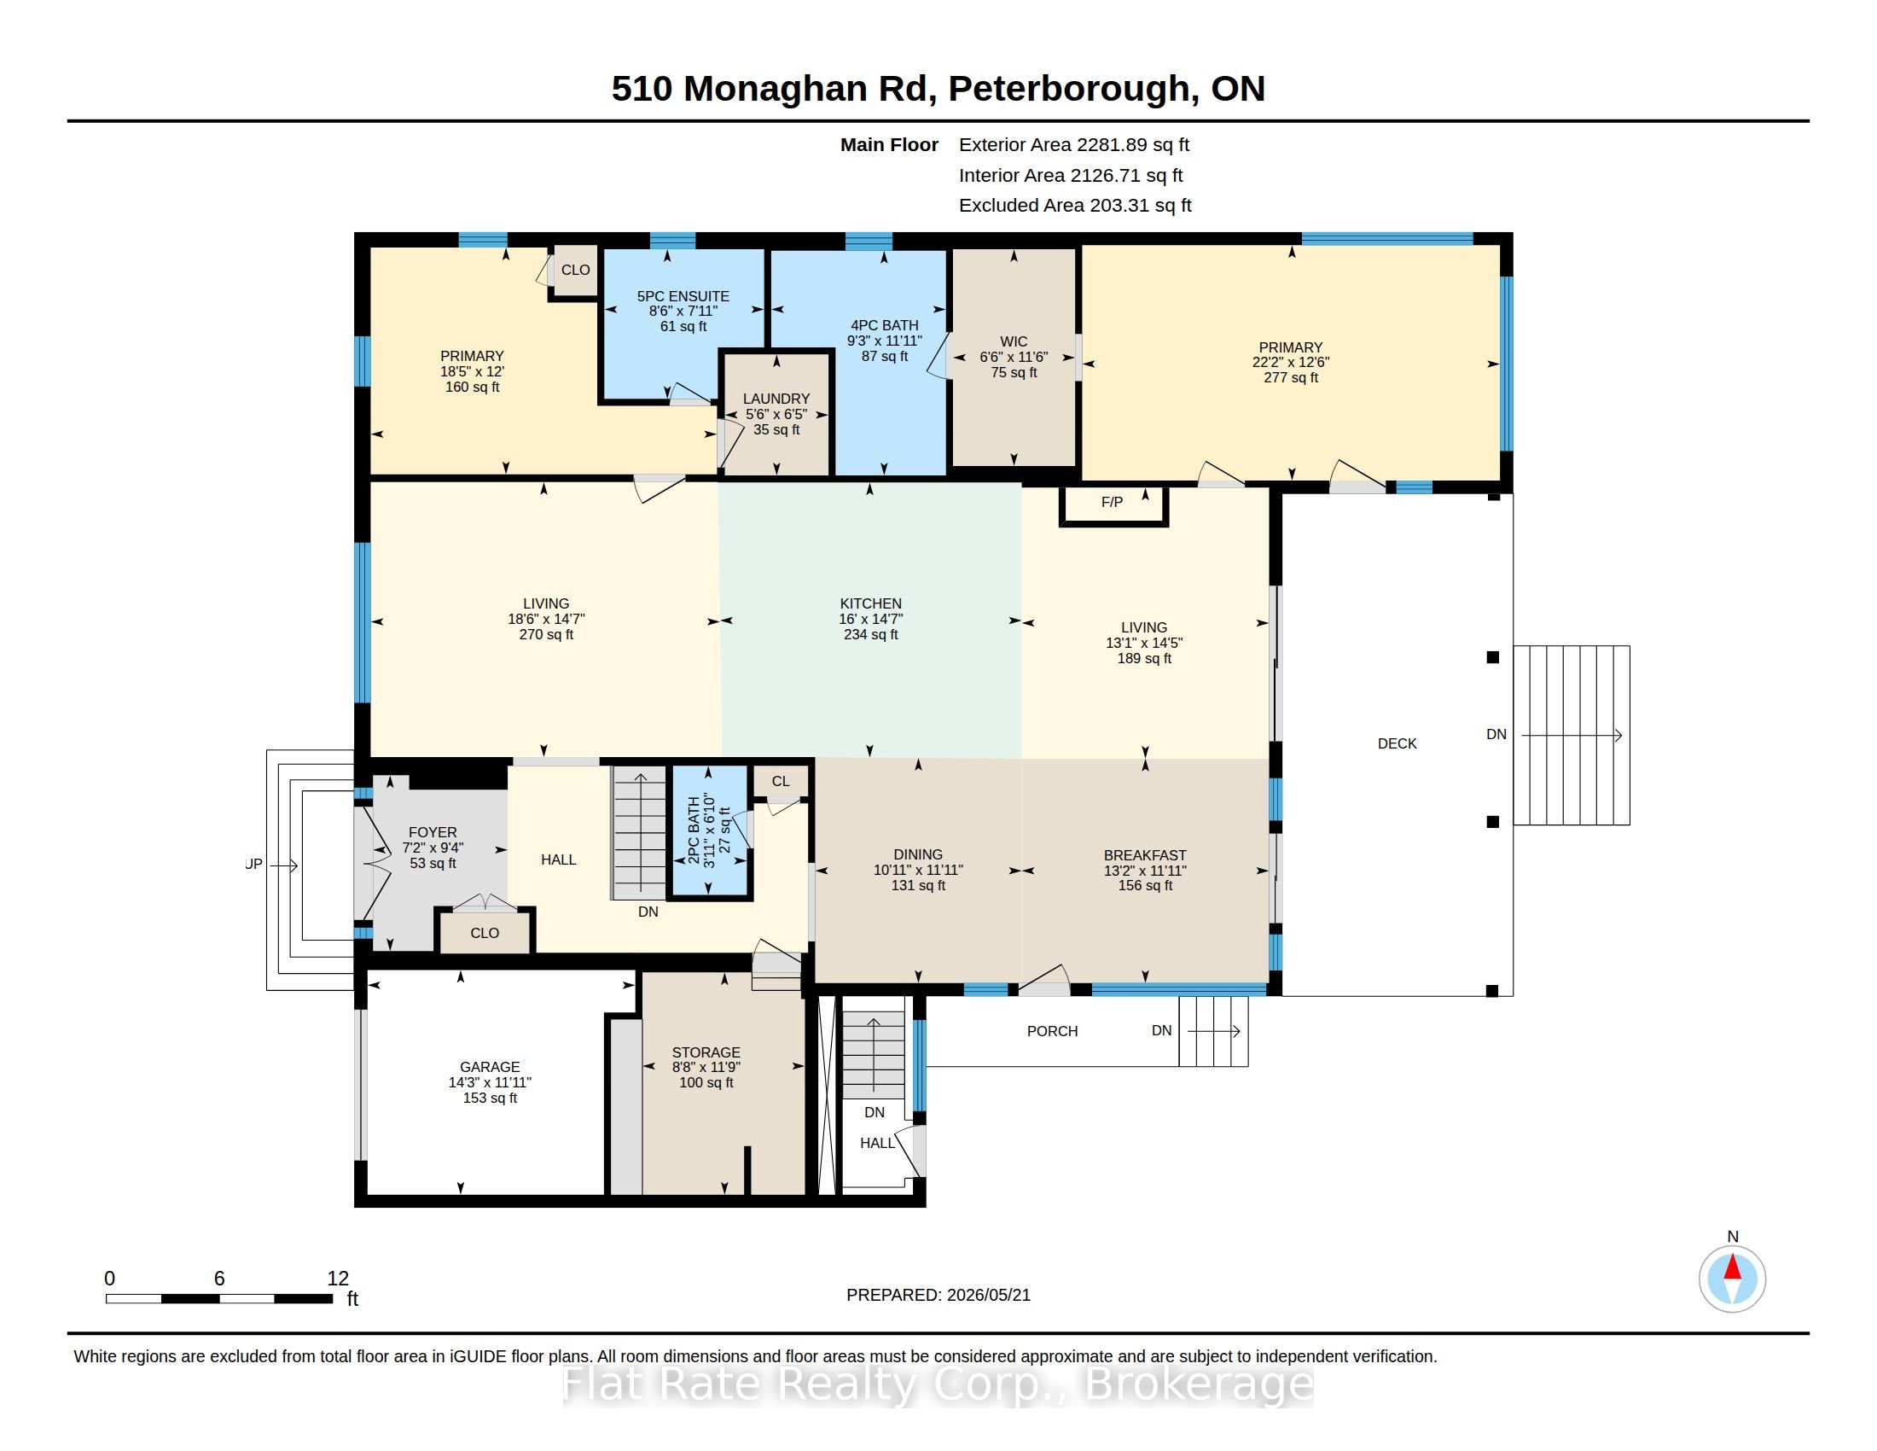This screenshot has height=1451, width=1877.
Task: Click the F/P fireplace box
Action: tap(1113, 505)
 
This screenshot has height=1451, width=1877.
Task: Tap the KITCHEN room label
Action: tap(870, 603)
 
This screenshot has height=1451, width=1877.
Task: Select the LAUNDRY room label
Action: tap(776, 399)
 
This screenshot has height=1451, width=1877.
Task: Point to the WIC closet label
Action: tap(1014, 341)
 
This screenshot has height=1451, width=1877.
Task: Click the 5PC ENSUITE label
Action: tap(683, 295)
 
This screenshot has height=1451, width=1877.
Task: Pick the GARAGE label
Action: tap(490, 1067)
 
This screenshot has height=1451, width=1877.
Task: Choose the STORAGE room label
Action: tap(706, 1052)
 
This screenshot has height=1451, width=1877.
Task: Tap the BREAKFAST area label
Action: tap(1145, 855)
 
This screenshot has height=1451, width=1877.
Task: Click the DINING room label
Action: tap(918, 854)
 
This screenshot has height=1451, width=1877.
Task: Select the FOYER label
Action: tap(433, 832)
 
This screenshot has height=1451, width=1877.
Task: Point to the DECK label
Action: tap(1398, 743)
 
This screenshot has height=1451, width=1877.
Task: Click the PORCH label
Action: tap(1052, 1031)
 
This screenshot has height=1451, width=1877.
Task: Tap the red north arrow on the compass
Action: tap(1733, 1267)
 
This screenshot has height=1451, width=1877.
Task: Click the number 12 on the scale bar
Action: tap(338, 1279)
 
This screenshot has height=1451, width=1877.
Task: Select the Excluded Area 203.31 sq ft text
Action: tap(1075, 206)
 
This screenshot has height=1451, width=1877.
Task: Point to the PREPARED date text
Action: tap(938, 1295)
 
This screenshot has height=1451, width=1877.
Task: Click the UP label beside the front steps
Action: tap(253, 864)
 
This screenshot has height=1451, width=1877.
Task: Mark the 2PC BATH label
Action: tap(694, 830)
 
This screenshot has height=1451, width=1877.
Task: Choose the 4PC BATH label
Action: tap(885, 325)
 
